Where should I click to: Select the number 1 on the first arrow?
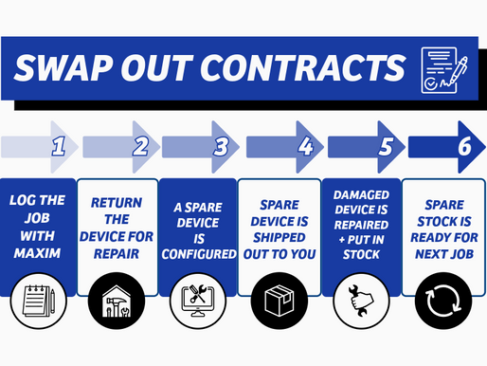pos(57,146)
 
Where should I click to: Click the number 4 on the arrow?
pos(305,146)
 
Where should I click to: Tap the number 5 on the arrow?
pos(385,146)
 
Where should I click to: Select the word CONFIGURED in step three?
pos(199,255)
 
